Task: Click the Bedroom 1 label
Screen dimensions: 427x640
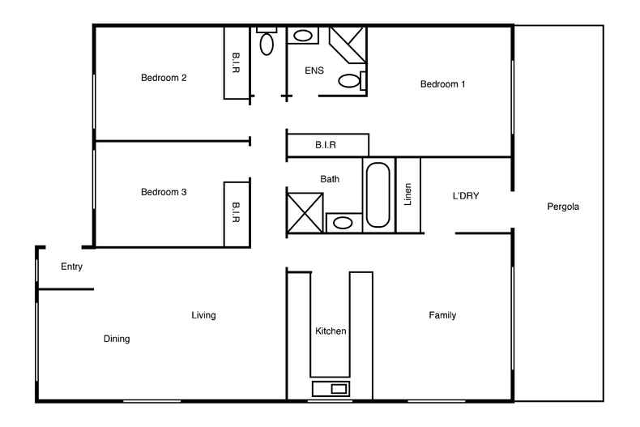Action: tap(442, 83)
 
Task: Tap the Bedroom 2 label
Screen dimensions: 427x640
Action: tap(164, 78)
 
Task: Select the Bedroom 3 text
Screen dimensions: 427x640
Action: tap(164, 192)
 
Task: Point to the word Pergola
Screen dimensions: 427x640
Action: tap(563, 207)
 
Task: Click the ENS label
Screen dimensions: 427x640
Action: tap(314, 70)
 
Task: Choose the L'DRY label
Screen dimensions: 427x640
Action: tap(467, 195)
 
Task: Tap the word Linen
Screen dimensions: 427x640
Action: tap(408, 194)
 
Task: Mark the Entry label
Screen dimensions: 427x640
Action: tap(72, 266)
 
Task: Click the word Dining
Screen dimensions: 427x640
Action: tap(117, 339)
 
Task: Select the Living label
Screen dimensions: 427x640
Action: tap(203, 315)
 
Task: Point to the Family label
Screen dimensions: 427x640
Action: tap(442, 315)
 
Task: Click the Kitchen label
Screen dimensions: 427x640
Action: tap(331, 331)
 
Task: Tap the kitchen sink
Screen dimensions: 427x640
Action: tap(331, 389)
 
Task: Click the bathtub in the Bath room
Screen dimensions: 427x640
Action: tap(378, 194)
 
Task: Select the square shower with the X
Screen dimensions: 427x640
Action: tap(305, 212)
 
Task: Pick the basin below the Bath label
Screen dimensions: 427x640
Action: tap(343, 223)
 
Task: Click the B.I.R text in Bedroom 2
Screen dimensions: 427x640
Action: tap(236, 64)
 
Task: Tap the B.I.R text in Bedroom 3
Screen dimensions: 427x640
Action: tap(236, 212)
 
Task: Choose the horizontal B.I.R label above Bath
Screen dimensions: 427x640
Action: tap(326, 145)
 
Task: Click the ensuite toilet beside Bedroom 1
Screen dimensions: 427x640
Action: tap(350, 80)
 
